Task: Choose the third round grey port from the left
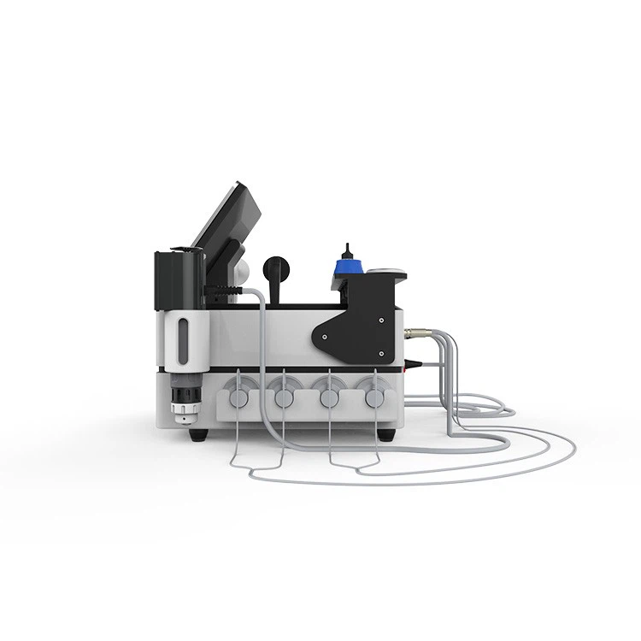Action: point(326,397)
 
